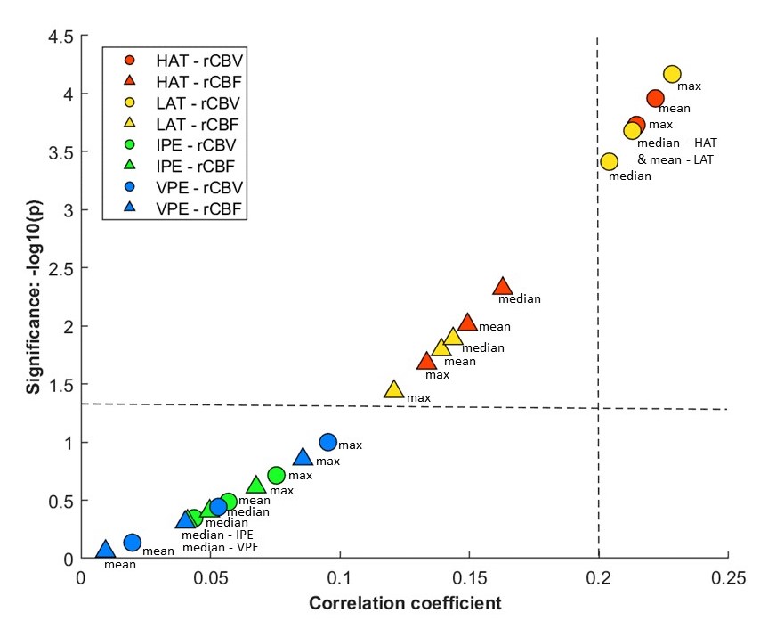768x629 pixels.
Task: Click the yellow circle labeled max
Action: pyautogui.click(x=672, y=74)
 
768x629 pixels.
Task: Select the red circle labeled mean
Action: pyautogui.click(x=655, y=98)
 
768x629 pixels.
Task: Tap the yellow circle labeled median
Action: pyautogui.click(x=609, y=161)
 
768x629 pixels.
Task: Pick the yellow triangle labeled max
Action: pyautogui.click(x=393, y=389)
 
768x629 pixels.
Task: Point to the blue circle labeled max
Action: pyautogui.click(x=327, y=442)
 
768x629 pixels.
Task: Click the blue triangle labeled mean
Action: pyautogui.click(x=105, y=550)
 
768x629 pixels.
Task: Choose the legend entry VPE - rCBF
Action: pyautogui.click(x=186, y=208)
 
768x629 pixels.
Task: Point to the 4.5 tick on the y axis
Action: pyautogui.click(x=81, y=36)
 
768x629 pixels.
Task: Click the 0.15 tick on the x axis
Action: pyautogui.click(x=468, y=559)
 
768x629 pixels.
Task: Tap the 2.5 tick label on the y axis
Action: pyautogui.click(x=60, y=268)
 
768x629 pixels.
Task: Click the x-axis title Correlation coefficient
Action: pyautogui.click(x=405, y=603)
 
